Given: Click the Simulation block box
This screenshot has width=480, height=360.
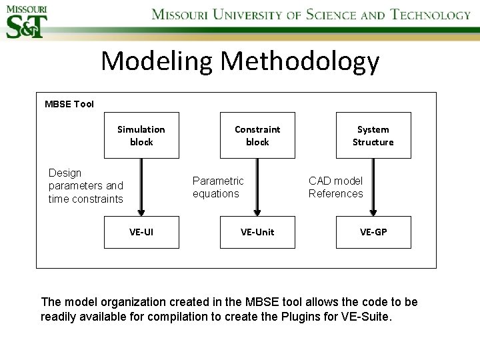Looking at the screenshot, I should pyautogui.click(x=141, y=135).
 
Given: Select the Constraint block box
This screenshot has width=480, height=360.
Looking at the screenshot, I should pyautogui.click(x=257, y=135).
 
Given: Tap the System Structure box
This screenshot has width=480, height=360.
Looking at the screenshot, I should pyautogui.click(x=373, y=135).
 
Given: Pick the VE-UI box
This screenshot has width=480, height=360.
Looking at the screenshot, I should pyautogui.click(x=141, y=232).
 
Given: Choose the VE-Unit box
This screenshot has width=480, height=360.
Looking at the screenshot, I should pyautogui.click(x=257, y=232).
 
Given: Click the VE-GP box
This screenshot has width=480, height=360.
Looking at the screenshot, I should pyautogui.click(x=373, y=232).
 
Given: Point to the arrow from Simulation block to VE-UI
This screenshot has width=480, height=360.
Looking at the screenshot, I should pyautogui.click(x=141, y=187).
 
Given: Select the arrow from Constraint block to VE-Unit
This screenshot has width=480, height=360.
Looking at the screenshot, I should pyautogui.click(x=257, y=187).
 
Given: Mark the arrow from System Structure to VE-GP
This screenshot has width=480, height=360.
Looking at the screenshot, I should pyautogui.click(x=373, y=187).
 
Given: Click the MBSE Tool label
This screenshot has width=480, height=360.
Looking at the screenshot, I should pyautogui.click(x=69, y=104).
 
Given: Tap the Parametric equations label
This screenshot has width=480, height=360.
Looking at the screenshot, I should pyautogui.click(x=218, y=187).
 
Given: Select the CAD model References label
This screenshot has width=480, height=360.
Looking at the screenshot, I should pyautogui.click(x=335, y=187).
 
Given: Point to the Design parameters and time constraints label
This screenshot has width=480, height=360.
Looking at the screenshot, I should pyautogui.click(x=86, y=186).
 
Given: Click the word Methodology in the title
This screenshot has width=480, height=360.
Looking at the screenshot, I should pyautogui.click(x=300, y=62).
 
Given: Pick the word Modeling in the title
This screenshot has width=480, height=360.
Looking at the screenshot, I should pyautogui.click(x=157, y=62).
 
